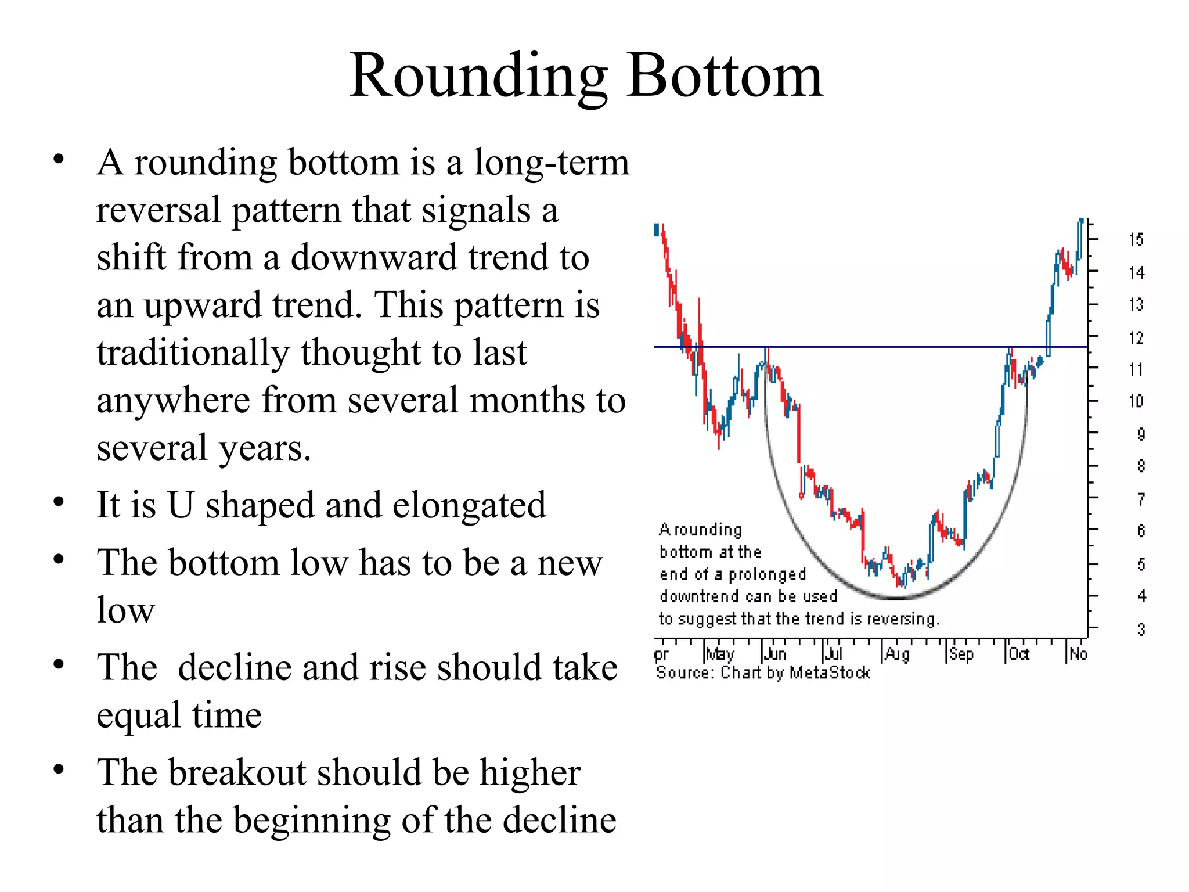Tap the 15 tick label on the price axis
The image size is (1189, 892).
coord(1136,239)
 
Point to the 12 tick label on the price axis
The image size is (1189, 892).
coord(1136,337)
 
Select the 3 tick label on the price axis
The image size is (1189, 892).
coord(1141,629)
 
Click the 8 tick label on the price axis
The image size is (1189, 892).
coord(1141,466)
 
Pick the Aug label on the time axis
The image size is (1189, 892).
coord(897,654)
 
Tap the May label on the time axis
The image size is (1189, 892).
coord(720,654)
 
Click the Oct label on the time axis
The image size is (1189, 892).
coord(1019,654)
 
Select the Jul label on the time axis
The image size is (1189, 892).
coord(834,654)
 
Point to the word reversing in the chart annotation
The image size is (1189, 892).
coord(903,619)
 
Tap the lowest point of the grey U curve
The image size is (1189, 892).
coord(897,598)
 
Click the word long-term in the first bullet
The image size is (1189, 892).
coord(551,163)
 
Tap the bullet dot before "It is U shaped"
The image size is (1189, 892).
coord(58,502)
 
